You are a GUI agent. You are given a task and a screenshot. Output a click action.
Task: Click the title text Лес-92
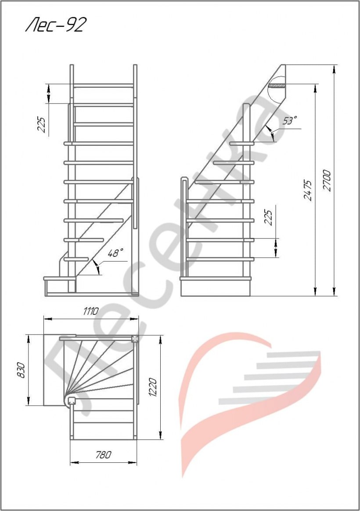[56, 25]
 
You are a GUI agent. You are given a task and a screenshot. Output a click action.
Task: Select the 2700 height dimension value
[327, 180]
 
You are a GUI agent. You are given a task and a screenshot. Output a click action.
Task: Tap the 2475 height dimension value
[308, 190]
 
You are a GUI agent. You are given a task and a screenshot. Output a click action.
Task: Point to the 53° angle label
[289, 120]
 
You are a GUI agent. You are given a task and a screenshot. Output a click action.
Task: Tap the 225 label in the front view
[41, 124]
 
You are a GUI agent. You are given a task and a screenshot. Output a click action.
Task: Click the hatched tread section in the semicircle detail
[277, 86]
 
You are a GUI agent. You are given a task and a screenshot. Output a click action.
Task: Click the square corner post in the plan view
[135, 338]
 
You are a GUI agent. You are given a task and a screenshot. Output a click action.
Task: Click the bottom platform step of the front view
[60, 279]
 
